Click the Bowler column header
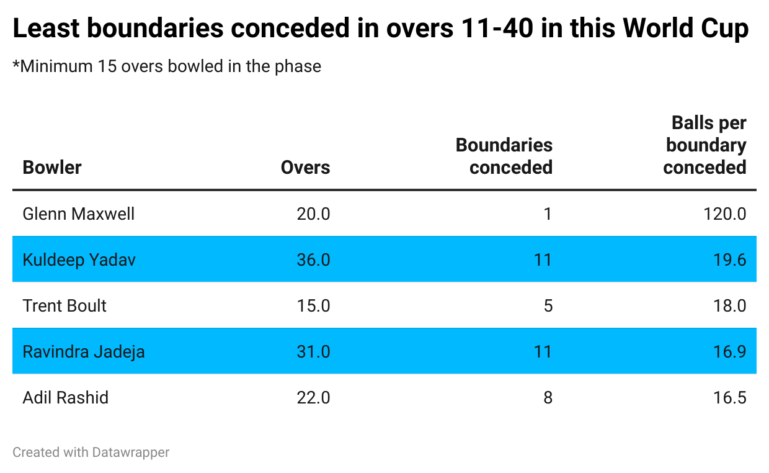52,168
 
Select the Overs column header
305,168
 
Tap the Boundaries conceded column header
504,156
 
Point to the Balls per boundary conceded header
705,145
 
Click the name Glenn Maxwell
79,214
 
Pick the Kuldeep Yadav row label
79,259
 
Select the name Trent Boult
64,305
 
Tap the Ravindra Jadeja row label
84,351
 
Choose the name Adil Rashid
66,397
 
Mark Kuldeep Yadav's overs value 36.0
313,259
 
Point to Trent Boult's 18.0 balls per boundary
730,305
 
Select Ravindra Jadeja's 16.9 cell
730,351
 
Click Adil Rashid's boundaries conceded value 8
548,397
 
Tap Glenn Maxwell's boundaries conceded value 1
548,214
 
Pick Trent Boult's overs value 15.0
313,305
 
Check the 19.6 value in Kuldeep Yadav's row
730,259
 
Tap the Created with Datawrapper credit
91,453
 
